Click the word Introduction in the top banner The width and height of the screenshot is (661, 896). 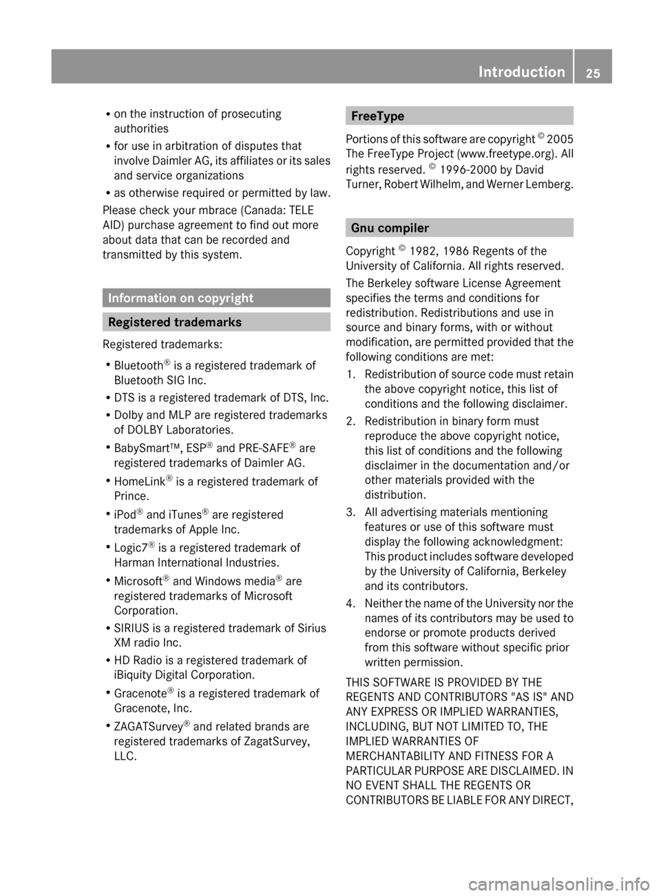tap(521, 72)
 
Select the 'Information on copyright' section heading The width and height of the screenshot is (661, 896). tap(180, 298)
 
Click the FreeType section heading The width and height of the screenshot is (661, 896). tap(377, 116)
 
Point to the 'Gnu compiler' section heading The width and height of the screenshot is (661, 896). tap(390, 228)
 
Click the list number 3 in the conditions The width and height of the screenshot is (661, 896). tap(350, 512)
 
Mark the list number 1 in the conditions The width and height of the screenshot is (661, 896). tap(350, 374)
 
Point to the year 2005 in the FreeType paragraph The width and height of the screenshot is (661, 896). tap(560, 139)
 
